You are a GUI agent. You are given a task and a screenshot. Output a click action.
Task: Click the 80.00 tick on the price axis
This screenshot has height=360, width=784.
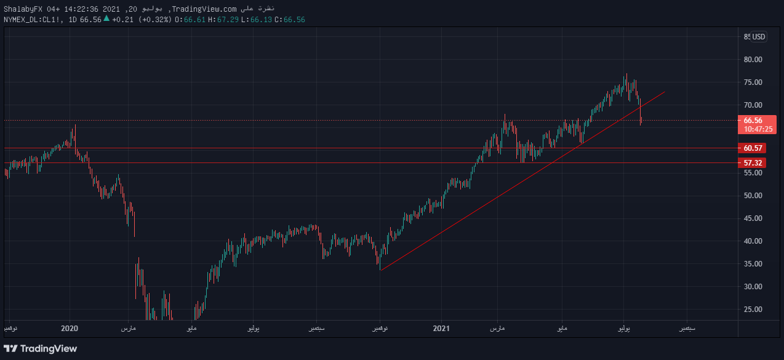point(753,60)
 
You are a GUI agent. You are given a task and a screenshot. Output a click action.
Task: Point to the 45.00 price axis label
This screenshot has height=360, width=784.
point(753,218)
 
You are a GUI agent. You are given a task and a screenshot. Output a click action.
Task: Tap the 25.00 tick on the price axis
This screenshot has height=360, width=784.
point(753,310)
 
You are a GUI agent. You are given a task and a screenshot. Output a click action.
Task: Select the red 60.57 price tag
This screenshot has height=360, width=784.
point(753,148)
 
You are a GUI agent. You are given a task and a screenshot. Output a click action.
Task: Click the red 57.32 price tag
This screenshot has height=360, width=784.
point(753,163)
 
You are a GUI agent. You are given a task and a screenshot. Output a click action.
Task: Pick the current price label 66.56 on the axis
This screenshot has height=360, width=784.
point(753,121)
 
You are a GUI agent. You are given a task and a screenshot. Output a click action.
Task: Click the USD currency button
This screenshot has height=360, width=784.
point(759,37)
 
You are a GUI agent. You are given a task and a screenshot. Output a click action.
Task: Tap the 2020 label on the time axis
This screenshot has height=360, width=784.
point(70,329)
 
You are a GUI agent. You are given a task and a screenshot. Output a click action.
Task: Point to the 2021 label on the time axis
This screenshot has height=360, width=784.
point(442,329)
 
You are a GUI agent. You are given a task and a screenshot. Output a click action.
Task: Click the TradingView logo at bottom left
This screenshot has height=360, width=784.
point(41,349)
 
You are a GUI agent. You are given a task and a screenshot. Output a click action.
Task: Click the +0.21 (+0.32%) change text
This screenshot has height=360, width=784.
point(142,20)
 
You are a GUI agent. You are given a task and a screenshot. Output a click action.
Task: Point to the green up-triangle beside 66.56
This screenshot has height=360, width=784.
point(106,19)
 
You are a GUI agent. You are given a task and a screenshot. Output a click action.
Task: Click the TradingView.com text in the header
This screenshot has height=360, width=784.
point(204,8)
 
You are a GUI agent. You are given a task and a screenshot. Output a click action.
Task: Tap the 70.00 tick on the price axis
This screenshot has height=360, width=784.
point(753,105)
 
